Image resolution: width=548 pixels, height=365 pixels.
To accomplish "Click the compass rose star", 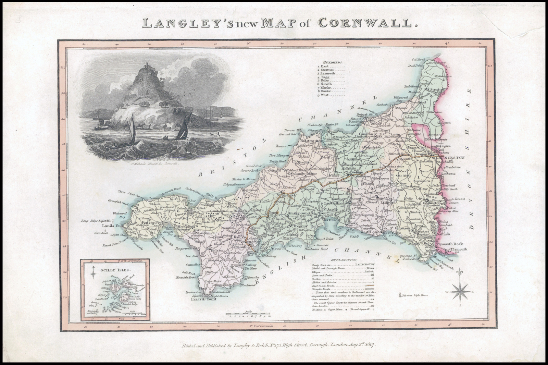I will pyautogui.click(x=460, y=292).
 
